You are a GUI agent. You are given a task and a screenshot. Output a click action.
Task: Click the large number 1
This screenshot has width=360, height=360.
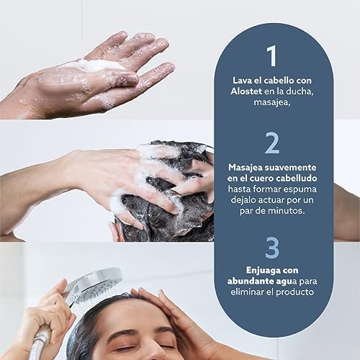tap(272, 56)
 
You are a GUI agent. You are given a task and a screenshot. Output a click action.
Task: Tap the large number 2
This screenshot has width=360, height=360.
tap(272, 143)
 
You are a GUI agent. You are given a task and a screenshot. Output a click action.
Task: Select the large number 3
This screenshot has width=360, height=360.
tap(272, 246)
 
